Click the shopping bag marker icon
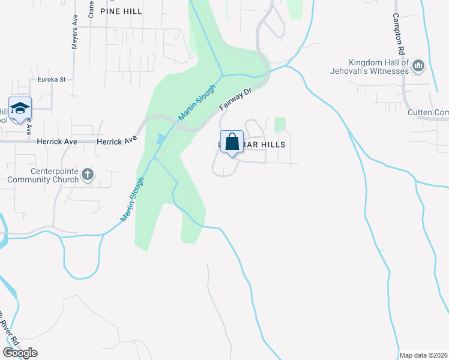coord(232,143)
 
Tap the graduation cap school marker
coord(20,109)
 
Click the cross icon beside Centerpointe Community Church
coord(88,175)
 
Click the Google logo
coord(20,353)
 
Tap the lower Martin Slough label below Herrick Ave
coord(133,200)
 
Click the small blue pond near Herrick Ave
coord(159,139)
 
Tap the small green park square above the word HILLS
coord(279,125)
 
